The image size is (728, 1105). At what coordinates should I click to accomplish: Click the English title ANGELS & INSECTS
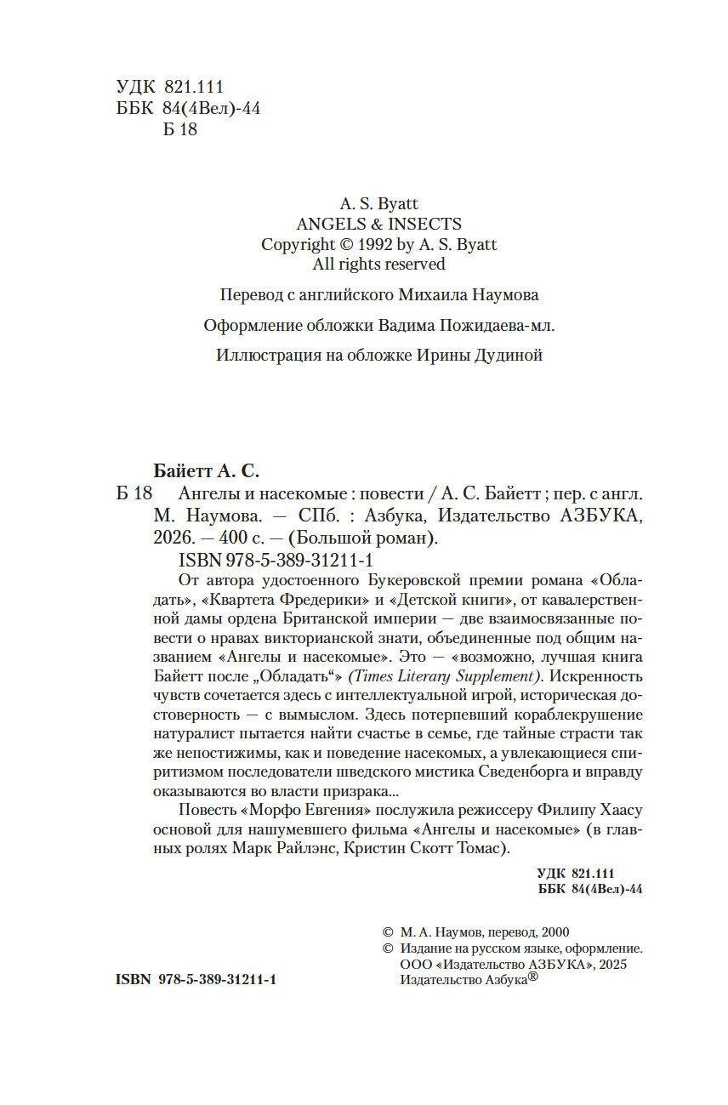[x=378, y=224]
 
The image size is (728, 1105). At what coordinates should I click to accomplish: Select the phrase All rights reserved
[x=378, y=264]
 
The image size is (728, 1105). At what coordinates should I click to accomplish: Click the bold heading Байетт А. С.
[x=206, y=470]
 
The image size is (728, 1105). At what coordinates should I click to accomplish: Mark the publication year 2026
[x=173, y=538]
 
